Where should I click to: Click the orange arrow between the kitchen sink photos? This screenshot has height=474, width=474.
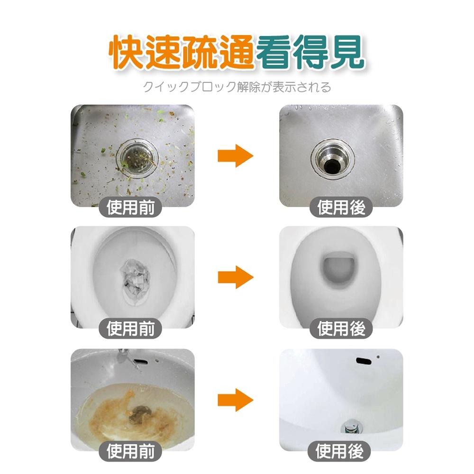pyautogui.click(x=236, y=155)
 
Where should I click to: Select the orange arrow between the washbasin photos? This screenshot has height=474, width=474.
pyautogui.click(x=236, y=400)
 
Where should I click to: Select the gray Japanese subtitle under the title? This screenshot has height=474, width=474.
pyautogui.click(x=237, y=87)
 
